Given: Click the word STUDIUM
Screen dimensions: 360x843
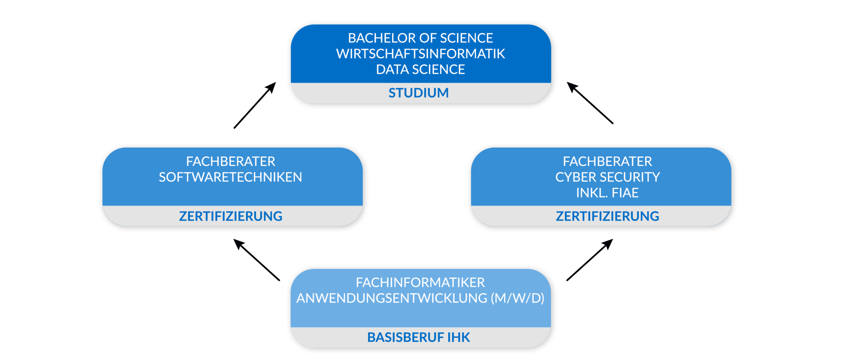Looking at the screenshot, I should click(x=418, y=93).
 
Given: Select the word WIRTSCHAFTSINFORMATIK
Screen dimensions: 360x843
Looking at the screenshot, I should click(x=421, y=54).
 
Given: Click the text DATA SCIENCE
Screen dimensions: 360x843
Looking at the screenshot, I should click(x=421, y=69).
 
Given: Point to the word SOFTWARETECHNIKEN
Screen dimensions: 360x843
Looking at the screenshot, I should click(x=230, y=177).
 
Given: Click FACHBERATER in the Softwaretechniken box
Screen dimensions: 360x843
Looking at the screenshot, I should click(x=230, y=161).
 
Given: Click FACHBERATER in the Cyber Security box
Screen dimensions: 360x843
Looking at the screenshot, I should click(x=607, y=161).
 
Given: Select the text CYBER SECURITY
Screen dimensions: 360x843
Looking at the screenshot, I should click(x=607, y=177).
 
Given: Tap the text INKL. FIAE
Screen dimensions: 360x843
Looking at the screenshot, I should click(x=607, y=193).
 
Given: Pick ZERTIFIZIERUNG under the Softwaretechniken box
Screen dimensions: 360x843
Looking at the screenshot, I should click(x=231, y=216).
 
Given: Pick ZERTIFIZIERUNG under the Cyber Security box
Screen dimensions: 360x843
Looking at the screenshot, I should click(x=607, y=216).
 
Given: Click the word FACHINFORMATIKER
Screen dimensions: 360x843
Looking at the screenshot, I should click(x=420, y=283).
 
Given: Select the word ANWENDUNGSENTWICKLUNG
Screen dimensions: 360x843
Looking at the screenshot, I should click(x=392, y=298).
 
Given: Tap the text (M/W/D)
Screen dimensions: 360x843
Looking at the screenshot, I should click(x=517, y=298).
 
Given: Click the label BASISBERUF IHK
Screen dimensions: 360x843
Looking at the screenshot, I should click(x=418, y=338).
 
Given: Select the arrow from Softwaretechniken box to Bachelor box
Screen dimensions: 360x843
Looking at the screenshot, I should click(x=255, y=105).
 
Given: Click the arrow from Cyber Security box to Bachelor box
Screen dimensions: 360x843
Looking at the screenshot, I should click(x=590, y=103).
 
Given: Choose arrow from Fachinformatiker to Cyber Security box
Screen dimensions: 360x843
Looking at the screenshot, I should click(x=590, y=260).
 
